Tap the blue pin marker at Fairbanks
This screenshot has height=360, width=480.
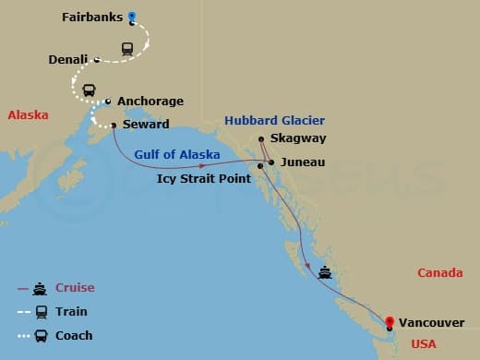point(132,16)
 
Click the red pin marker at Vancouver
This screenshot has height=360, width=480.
point(390,318)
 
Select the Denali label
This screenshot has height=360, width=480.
point(68,60)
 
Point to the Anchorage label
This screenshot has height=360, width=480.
point(150,102)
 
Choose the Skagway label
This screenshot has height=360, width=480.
point(301,138)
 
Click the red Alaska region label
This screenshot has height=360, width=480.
point(28,115)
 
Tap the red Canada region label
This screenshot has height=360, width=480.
point(439,273)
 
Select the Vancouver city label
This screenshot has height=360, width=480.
point(432,323)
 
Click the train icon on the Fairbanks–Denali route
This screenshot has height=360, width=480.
point(127,49)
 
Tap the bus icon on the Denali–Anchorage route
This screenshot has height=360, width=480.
point(90,90)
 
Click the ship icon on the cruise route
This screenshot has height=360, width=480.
point(324,272)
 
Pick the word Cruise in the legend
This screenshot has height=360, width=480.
point(75,288)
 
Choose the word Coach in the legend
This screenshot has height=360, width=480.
point(75,335)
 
